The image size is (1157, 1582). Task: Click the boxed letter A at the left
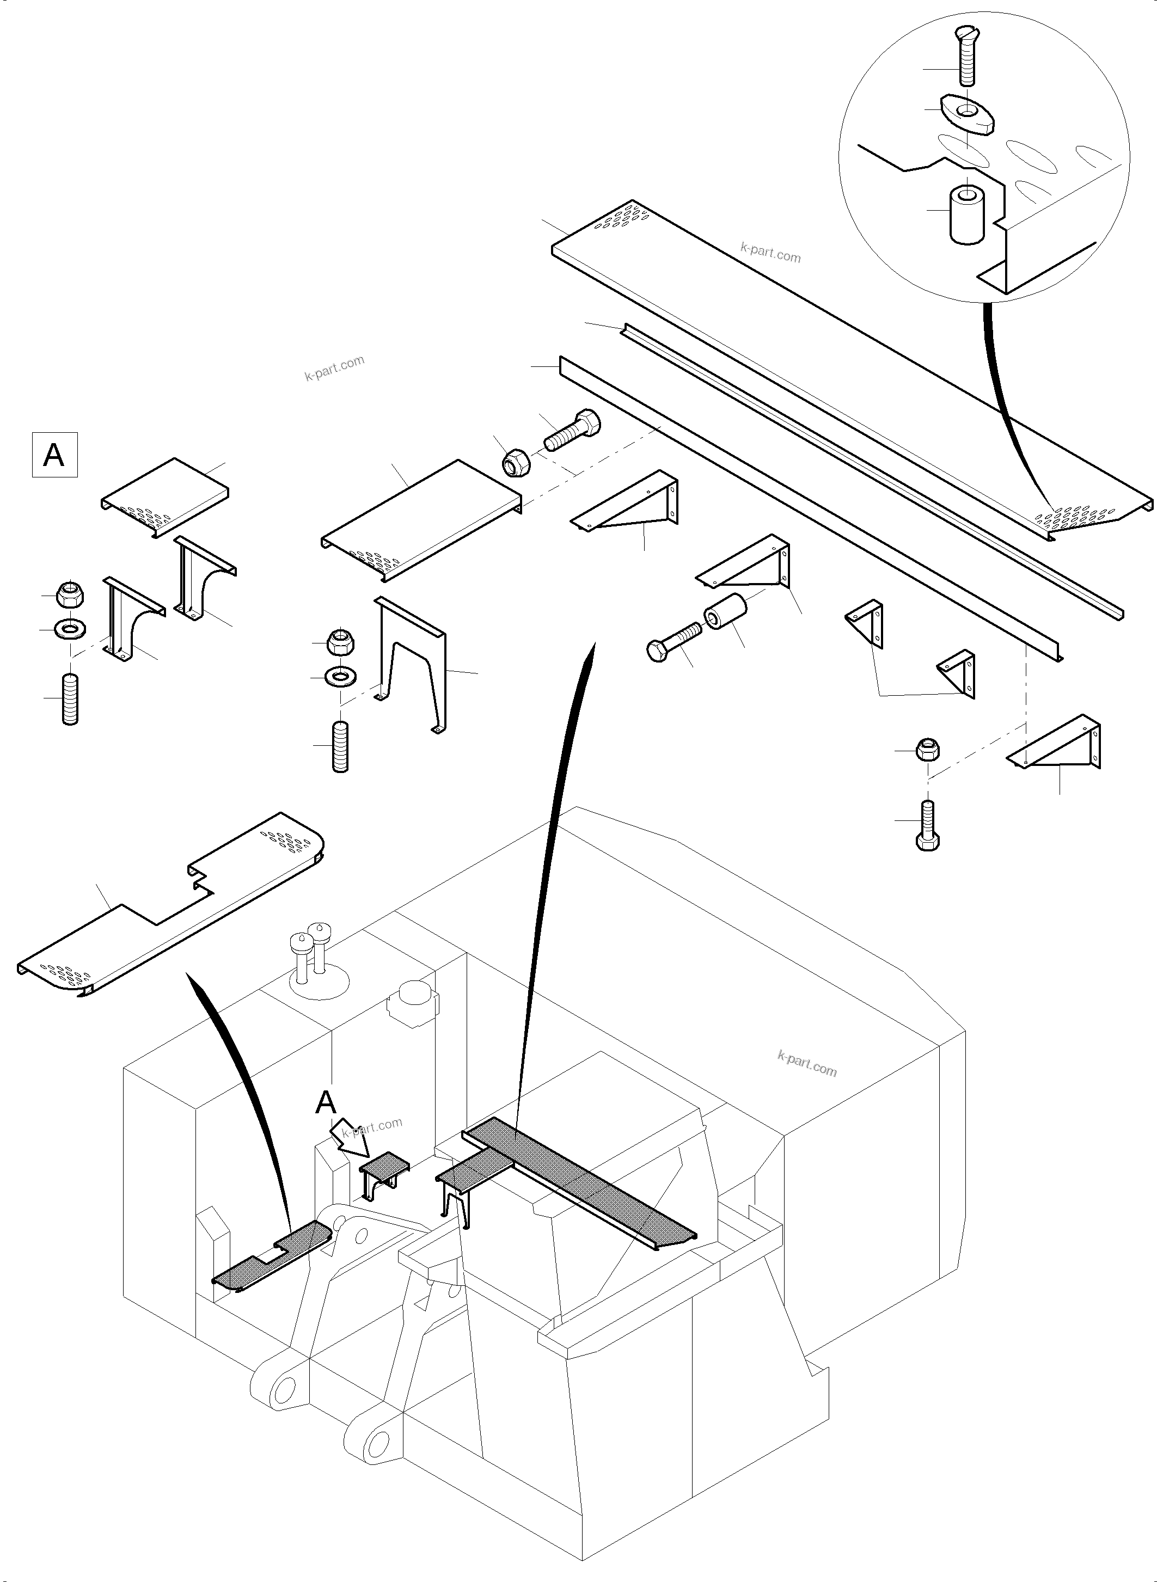[54, 455]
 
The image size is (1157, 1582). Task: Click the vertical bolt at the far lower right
[927, 826]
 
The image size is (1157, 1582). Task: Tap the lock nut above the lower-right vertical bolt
[927, 749]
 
